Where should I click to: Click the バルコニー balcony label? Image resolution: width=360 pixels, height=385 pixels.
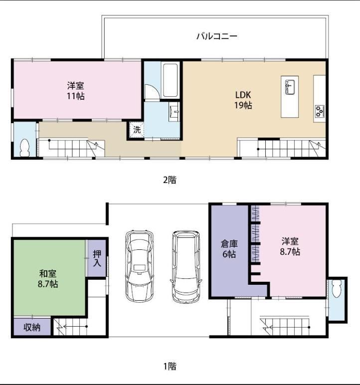[217, 36]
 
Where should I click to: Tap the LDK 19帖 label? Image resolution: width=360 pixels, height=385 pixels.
[243, 100]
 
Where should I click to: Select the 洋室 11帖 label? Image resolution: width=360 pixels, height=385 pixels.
[76, 91]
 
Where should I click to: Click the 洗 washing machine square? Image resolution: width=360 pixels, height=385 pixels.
[137, 129]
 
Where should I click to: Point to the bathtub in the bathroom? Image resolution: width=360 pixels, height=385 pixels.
[171, 80]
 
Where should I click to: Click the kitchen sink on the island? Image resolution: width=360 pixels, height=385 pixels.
[290, 87]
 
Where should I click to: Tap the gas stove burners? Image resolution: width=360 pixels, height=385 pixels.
[320, 111]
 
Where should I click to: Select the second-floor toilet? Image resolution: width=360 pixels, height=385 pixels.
[24, 148]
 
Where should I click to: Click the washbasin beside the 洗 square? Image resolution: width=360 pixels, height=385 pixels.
[174, 112]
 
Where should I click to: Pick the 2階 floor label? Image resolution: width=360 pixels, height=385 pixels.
[170, 180]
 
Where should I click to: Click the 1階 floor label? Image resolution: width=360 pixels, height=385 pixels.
[170, 367]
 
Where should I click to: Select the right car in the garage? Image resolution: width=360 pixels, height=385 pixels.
[186, 266]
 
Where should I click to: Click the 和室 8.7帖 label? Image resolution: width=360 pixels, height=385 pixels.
[48, 279]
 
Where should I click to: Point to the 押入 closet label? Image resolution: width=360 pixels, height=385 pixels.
[97, 258]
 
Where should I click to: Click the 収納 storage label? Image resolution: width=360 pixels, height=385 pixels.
[32, 327]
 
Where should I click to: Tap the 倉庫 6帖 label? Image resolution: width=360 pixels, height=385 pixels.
[229, 249]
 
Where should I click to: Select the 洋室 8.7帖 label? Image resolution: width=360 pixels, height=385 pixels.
[290, 246]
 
